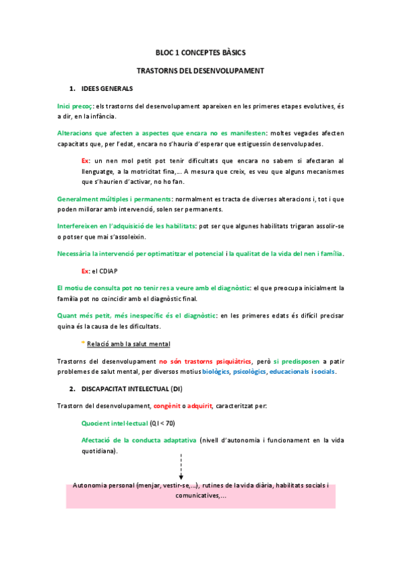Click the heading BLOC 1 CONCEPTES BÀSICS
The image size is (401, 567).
coord(200,52)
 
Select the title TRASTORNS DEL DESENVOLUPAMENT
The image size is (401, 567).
coord(200,70)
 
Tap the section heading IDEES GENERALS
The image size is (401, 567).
coord(106,88)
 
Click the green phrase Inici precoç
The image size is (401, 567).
coord(75,106)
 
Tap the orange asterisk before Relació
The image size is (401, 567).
coord(83,344)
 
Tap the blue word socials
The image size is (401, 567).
coord(325,372)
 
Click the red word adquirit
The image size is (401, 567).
coord(199,407)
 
